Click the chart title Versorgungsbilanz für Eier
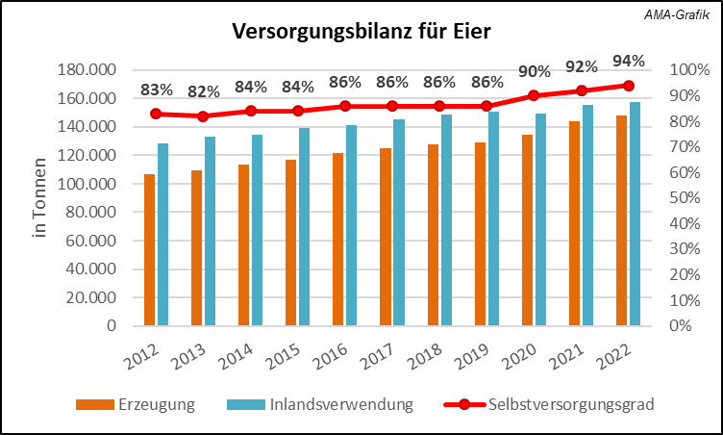(361, 32)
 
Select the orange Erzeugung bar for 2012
(150, 250)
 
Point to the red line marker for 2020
(535, 95)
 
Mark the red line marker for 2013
(203, 116)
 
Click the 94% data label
(628, 63)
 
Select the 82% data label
(203, 92)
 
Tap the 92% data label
(581, 67)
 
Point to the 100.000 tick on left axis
(88, 184)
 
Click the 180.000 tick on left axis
(88, 70)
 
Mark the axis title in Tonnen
(39, 197)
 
